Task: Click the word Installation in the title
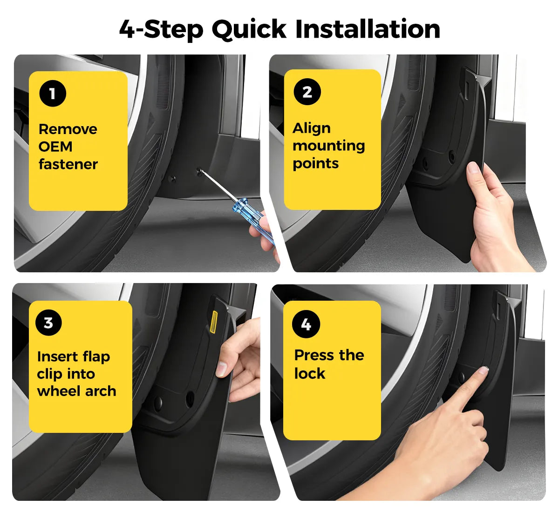368,29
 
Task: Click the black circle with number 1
53,93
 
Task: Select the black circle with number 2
307,92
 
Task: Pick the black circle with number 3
49,323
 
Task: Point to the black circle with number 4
306,324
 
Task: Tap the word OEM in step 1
55,147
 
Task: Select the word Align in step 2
312,128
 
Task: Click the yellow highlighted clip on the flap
214,322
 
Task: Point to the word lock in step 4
310,373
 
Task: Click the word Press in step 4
314,355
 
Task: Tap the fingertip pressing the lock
484,370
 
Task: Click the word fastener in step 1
68,164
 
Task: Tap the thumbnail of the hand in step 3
221,369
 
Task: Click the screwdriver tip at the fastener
200,170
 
